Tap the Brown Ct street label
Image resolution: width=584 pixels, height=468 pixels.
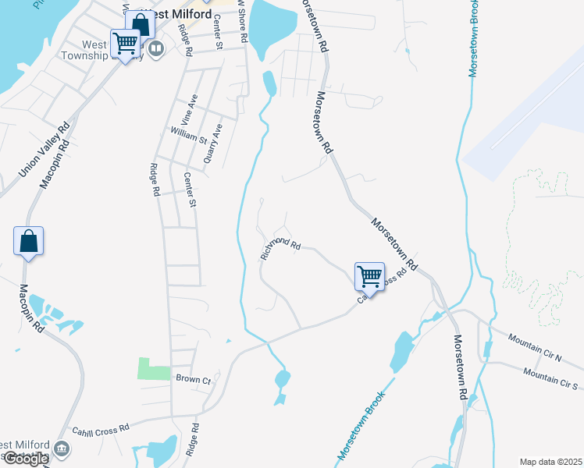(x=194, y=379)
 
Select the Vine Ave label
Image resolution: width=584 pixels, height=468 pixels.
(x=185, y=110)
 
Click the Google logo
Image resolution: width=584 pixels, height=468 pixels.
(x=25, y=459)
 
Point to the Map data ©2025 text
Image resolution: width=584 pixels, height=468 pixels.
(x=550, y=462)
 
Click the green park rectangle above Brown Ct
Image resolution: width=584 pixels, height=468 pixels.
(x=154, y=368)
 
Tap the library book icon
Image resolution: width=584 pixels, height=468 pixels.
(x=157, y=50)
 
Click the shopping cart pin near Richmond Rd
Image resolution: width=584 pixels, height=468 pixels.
(x=369, y=276)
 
